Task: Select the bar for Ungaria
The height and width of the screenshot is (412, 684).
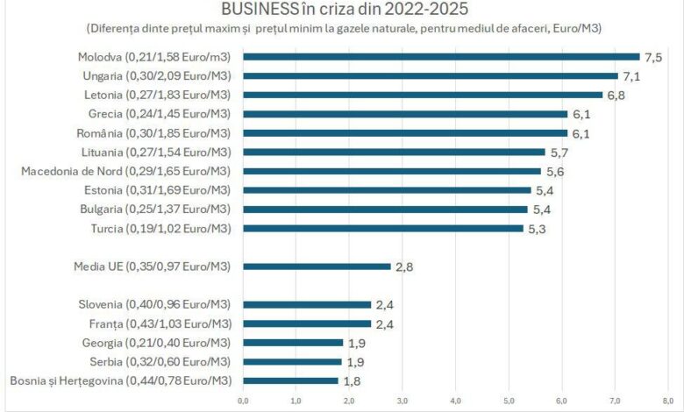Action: coord(431,75)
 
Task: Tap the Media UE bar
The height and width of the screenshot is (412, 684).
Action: coord(317,266)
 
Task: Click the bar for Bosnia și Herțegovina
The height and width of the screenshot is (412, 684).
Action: coord(290,380)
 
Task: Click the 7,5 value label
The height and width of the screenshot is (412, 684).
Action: coord(652,57)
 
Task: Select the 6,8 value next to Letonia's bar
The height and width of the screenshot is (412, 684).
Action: coord(616,95)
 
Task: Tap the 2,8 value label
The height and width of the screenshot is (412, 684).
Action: coord(403,266)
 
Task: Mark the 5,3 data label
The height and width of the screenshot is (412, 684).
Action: coord(536,229)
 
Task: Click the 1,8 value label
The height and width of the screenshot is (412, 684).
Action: coord(351,380)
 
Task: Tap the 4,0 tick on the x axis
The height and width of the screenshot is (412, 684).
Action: coord(455,401)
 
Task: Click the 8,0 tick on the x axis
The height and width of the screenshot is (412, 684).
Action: coord(667,401)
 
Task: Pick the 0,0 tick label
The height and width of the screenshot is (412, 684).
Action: coord(243,401)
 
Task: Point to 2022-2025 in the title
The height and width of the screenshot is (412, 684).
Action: coord(424,10)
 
